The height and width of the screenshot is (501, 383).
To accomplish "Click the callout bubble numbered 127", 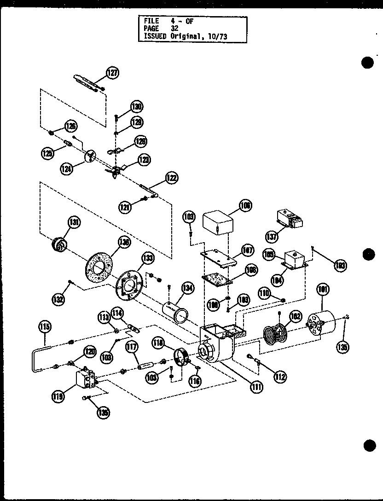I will tap(113, 72).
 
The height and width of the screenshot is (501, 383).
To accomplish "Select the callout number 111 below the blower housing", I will tap(256, 387).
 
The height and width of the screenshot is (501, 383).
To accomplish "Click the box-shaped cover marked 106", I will tap(218, 223).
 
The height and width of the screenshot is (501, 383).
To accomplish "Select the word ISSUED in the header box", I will tap(154, 35).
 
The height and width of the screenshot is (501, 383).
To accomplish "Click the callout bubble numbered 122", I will tap(172, 178).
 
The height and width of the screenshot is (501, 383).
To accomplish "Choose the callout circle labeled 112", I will tap(279, 377).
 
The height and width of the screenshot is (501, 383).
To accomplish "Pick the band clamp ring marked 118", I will tap(184, 357).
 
